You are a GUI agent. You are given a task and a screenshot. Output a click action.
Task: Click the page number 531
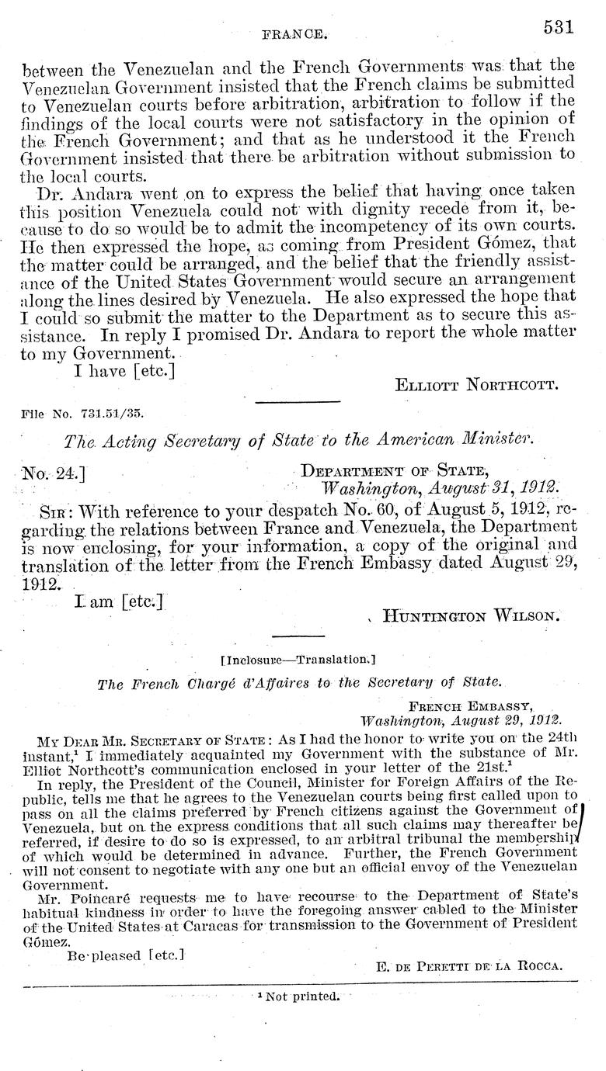click(x=558, y=28)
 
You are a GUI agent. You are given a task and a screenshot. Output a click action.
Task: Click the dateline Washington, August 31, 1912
click(x=440, y=489)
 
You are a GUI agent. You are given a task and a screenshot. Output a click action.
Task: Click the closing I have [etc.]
click(x=124, y=371)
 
